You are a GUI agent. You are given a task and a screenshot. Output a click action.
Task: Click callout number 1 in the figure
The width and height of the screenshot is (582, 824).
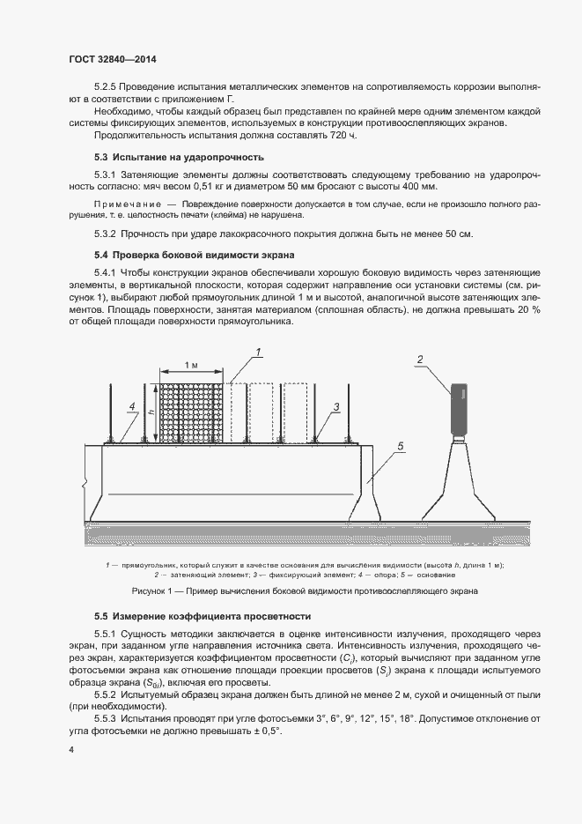click(x=260, y=353)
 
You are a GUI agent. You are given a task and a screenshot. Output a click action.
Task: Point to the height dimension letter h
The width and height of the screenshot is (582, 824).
click(x=151, y=412)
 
